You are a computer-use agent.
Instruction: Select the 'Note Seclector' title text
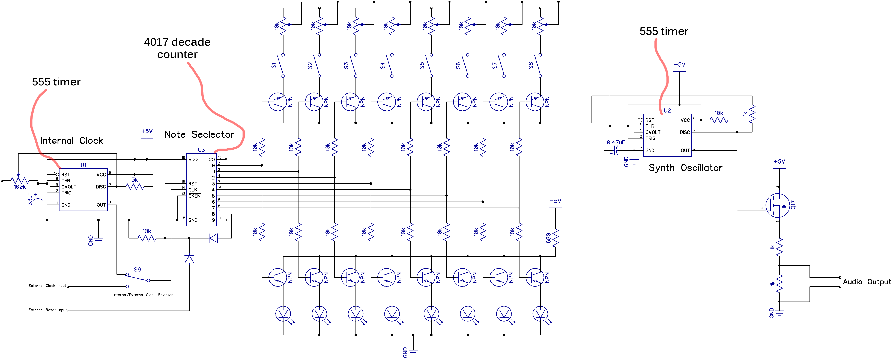pyautogui.click(x=199, y=135)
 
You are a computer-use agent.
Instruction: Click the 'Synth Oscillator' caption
pyautogui.click(x=685, y=168)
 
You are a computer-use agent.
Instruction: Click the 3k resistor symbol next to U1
pyautogui.click(x=135, y=187)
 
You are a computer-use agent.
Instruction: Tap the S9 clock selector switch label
pyautogui.click(x=137, y=270)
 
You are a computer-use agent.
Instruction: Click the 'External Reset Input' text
pyautogui.click(x=47, y=310)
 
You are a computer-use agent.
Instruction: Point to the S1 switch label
pyautogui.click(x=274, y=65)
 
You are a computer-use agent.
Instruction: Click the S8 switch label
pyautogui.click(x=531, y=65)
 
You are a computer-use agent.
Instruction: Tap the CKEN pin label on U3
pyautogui.click(x=195, y=196)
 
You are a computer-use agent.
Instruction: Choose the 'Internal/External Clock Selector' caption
pyautogui.click(x=143, y=295)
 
